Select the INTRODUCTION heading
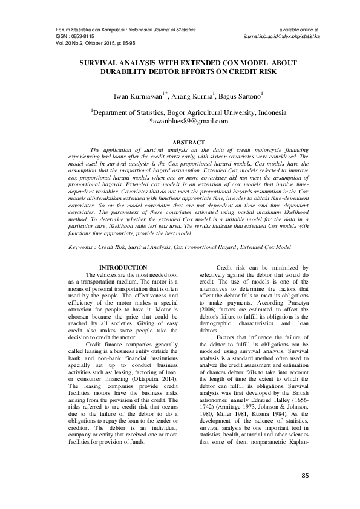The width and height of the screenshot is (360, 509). (123, 267)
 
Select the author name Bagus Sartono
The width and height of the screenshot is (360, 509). (240, 96)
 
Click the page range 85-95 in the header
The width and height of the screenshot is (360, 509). (129, 44)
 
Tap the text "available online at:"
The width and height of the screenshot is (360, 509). (299, 30)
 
